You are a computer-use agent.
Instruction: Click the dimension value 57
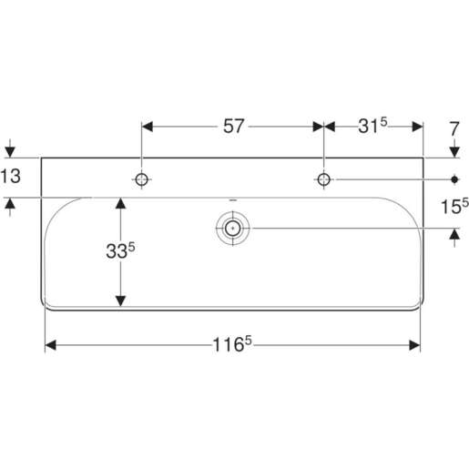coord(234,127)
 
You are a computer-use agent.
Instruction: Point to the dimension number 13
coord(10,177)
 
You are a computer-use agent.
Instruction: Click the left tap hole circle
coord(142,178)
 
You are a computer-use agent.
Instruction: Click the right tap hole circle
coord(322,178)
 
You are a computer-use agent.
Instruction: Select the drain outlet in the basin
coord(232,228)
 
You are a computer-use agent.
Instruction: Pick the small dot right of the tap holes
coord(454,178)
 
